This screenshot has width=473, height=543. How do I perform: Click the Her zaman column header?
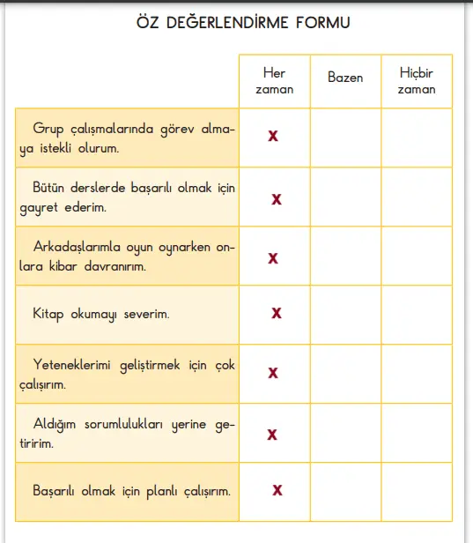274,81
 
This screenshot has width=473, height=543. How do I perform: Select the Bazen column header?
345,78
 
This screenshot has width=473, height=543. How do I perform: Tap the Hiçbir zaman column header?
417,81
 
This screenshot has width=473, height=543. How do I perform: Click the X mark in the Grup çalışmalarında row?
273,136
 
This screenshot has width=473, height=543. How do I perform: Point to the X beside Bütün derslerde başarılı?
277,199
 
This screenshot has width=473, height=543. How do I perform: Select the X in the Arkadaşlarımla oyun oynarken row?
273,257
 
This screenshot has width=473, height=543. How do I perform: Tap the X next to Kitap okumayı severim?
277,313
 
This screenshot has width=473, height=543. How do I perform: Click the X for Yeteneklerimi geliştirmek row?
273,373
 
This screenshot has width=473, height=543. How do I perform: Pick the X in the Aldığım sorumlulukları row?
273,434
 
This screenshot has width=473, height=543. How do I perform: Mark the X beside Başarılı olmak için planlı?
277,490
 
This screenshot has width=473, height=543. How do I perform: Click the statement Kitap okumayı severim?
100,314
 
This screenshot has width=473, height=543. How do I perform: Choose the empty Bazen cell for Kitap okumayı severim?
345,314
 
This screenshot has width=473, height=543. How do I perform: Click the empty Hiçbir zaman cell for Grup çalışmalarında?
417,137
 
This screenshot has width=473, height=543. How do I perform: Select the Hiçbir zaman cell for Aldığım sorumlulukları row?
417,432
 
